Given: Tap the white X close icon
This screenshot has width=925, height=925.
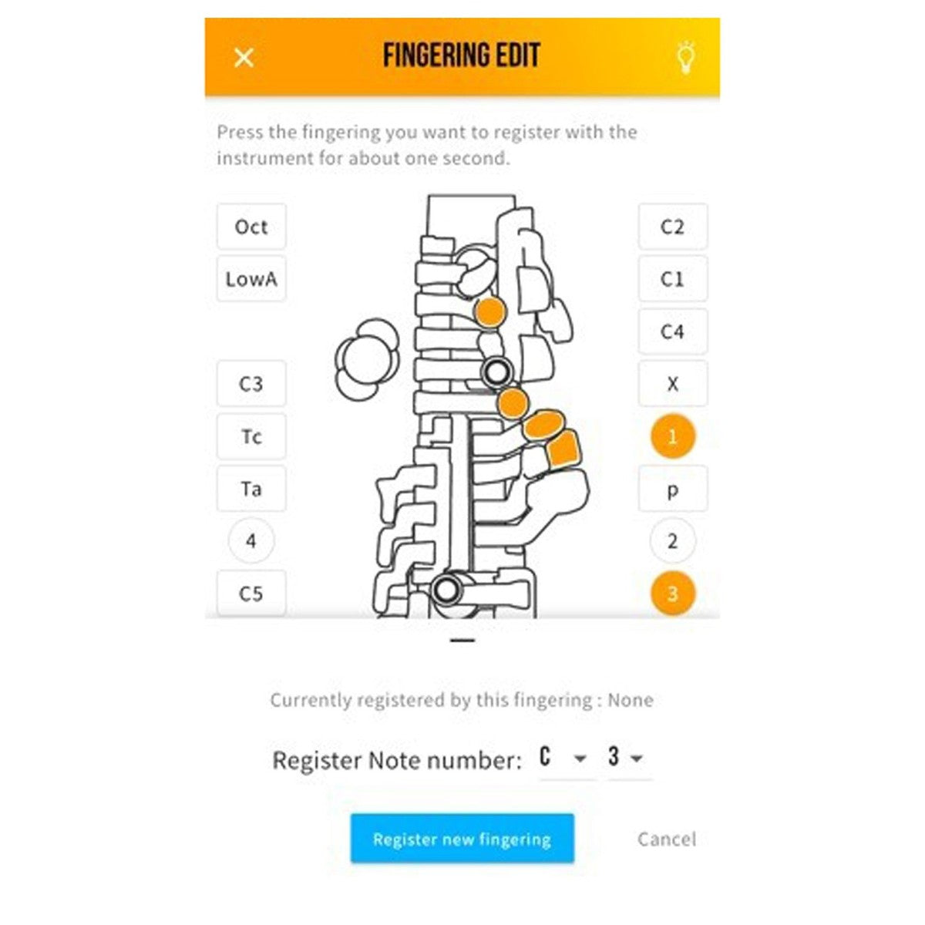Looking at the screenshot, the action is (x=244, y=58).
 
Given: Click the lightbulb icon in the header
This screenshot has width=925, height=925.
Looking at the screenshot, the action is (x=686, y=57).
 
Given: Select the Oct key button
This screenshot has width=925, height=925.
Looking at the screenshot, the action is (x=251, y=227).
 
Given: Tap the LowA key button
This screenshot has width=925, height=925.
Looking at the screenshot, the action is (x=251, y=279).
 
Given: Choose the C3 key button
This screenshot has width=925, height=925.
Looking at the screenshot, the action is (x=251, y=384).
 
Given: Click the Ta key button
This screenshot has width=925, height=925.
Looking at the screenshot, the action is (x=251, y=489).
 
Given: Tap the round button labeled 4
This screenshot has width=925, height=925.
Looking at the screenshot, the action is (x=251, y=541).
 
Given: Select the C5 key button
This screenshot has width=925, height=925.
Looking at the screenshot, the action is (x=251, y=594).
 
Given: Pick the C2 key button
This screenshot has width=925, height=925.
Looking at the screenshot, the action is (x=672, y=227).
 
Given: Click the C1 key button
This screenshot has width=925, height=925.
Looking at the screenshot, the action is (x=672, y=279).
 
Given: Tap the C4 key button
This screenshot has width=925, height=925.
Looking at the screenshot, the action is (x=672, y=331).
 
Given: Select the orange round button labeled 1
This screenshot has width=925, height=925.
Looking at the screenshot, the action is (x=672, y=436).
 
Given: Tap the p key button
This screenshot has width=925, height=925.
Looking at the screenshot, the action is (x=672, y=489).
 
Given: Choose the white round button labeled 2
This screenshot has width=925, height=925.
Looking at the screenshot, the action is (x=672, y=541).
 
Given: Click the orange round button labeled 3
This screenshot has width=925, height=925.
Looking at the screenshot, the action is (x=672, y=594).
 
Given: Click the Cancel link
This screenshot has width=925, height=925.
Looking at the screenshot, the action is (x=667, y=839).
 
